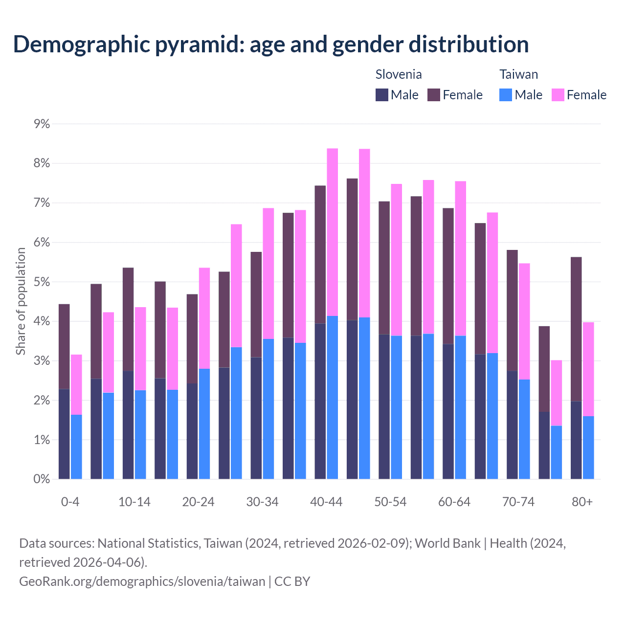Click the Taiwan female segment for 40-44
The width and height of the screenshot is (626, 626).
click(x=333, y=232)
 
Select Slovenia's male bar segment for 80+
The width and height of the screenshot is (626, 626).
click(x=576, y=440)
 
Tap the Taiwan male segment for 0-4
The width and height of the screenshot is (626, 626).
click(x=76, y=447)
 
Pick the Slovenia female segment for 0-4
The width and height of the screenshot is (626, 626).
click(x=64, y=346)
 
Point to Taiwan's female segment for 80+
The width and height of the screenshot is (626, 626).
click(x=588, y=369)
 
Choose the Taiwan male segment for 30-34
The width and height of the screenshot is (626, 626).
click(x=268, y=409)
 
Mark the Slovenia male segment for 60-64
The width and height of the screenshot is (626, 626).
click(x=448, y=411)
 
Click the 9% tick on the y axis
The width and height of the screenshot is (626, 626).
click(x=42, y=124)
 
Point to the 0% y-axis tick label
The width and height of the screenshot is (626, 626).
click(x=42, y=479)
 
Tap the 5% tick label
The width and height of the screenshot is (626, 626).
click(x=42, y=282)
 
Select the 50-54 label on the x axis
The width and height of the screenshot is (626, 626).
click(x=390, y=502)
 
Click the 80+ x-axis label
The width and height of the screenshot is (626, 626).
click(x=582, y=502)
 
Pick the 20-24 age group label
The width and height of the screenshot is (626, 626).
click(x=198, y=502)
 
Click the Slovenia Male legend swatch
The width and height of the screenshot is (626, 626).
click(x=382, y=95)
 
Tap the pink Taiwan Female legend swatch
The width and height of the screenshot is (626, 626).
click(x=558, y=95)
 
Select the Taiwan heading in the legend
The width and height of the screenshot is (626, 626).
click(x=518, y=74)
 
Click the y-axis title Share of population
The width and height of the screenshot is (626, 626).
click(x=21, y=301)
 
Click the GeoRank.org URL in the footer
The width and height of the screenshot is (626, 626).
click(x=142, y=581)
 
